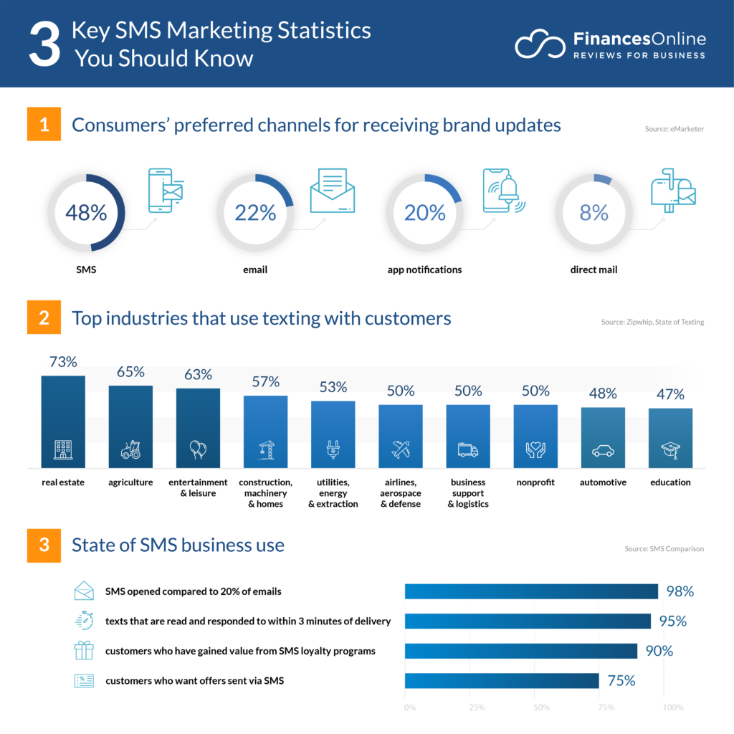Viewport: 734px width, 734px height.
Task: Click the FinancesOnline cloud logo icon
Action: (540, 44)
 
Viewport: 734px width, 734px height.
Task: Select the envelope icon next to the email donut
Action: (332, 191)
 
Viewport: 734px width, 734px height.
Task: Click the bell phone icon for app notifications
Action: (503, 191)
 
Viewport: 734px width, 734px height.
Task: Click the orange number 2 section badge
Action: (44, 318)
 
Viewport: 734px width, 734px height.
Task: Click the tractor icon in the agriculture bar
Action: (130, 450)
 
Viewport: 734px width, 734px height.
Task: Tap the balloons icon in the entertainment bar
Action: (198, 450)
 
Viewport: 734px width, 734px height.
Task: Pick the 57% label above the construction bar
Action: (265, 381)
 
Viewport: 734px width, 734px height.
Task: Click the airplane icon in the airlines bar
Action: (401, 450)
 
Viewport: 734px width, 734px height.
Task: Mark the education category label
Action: (670, 482)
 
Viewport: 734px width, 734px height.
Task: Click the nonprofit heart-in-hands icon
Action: (535, 450)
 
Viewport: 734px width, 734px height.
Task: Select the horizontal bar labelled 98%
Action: (531, 591)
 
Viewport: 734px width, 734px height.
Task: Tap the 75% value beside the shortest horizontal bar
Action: (621, 681)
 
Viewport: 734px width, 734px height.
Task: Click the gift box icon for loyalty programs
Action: (84, 650)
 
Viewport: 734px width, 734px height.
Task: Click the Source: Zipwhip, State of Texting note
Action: (652, 323)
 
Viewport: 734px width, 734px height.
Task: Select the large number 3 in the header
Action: (44, 44)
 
